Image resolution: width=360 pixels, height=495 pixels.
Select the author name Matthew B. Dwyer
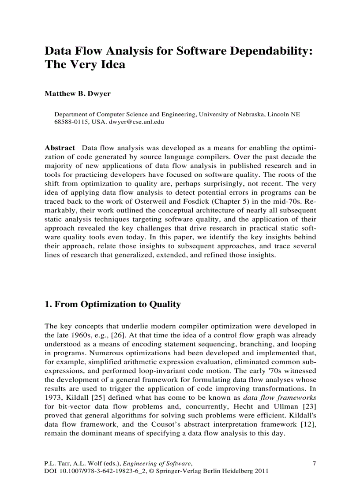tap(72, 93)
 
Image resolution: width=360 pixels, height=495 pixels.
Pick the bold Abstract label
tap(60, 147)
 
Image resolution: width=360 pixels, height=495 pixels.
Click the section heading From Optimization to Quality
tap(112, 304)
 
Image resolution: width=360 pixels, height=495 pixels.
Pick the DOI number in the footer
tap(96, 471)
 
